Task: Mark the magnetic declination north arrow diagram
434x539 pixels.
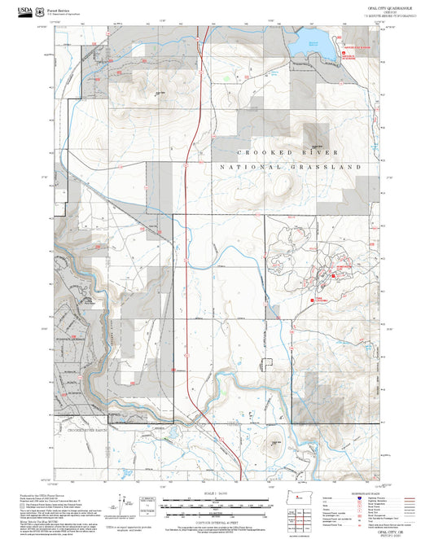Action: coord(122,502)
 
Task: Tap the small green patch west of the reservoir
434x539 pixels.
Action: coord(227,78)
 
